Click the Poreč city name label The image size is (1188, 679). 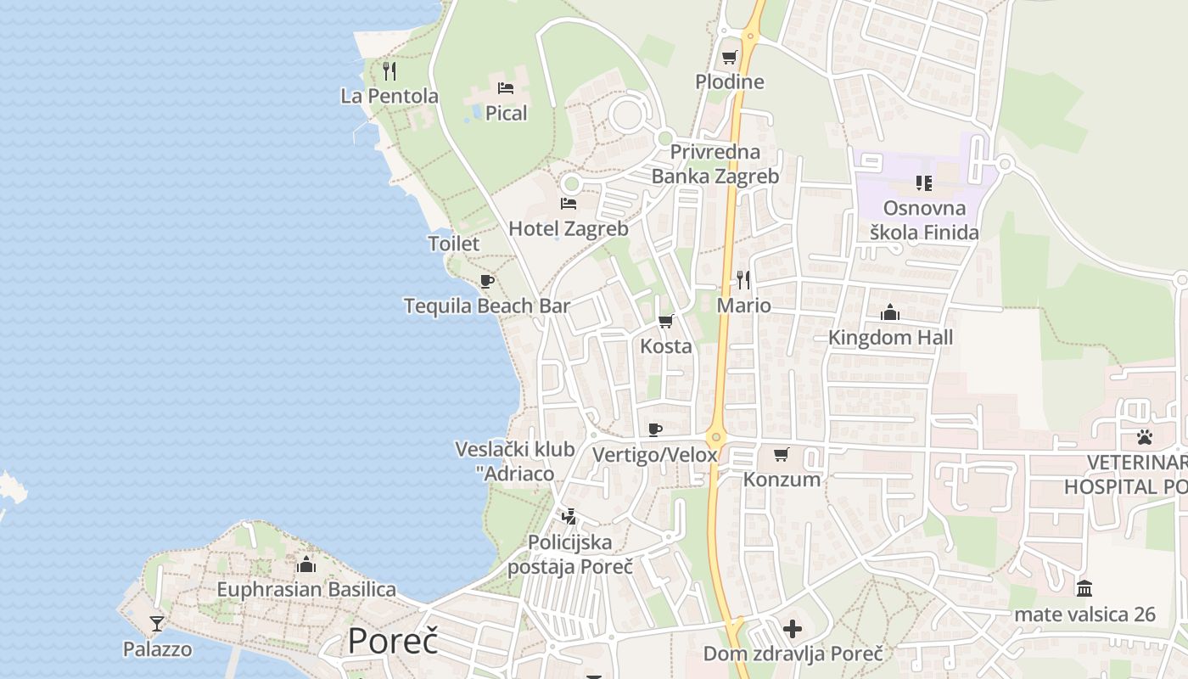click(x=392, y=641)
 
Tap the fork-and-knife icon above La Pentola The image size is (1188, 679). click(x=389, y=70)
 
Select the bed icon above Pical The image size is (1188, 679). click(x=506, y=88)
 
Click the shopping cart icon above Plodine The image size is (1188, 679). click(x=729, y=58)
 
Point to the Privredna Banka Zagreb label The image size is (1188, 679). click(x=714, y=164)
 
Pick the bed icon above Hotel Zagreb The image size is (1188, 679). click(x=569, y=204)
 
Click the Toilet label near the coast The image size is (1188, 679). click(x=453, y=244)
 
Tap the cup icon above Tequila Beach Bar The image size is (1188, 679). click(x=486, y=281)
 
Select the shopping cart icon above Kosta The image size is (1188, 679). click(x=666, y=321)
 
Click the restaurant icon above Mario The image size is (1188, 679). click(x=743, y=279)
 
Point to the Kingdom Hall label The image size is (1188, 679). click(x=890, y=338)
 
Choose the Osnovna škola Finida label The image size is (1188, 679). click(x=924, y=220)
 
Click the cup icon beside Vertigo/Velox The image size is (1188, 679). click(x=655, y=429)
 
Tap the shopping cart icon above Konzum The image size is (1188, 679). click(x=782, y=454)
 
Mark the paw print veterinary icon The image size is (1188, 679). click(x=1145, y=437)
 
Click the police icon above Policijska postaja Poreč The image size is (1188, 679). click(x=569, y=516)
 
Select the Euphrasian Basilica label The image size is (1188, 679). click(x=306, y=589)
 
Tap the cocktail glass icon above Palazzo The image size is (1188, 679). click(x=157, y=625)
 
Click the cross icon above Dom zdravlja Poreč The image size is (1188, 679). click(x=793, y=629)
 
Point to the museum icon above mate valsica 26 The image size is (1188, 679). click(x=1084, y=588)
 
